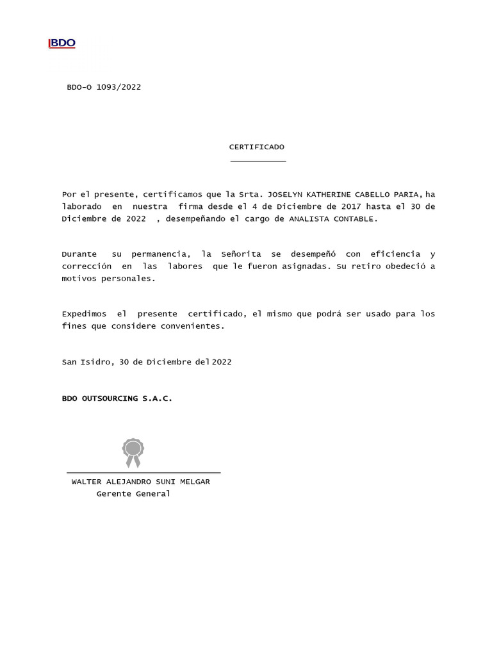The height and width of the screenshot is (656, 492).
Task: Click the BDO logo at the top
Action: click(x=62, y=43)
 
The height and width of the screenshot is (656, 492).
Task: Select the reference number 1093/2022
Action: click(x=119, y=87)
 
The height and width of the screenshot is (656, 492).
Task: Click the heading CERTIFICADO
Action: click(x=257, y=147)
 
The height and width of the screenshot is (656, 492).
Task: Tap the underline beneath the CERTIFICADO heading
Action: click(x=258, y=161)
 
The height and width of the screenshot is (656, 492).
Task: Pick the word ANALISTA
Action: click(x=309, y=219)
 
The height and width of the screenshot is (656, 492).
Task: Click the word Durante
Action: click(x=79, y=254)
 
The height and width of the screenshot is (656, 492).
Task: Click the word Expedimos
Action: click(x=84, y=314)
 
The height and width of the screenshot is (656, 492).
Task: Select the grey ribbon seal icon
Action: click(x=133, y=452)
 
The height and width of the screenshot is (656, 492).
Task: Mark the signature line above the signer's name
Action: click(x=143, y=473)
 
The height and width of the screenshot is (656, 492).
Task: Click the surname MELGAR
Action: click(x=194, y=482)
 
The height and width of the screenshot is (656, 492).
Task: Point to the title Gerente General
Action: click(x=133, y=494)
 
